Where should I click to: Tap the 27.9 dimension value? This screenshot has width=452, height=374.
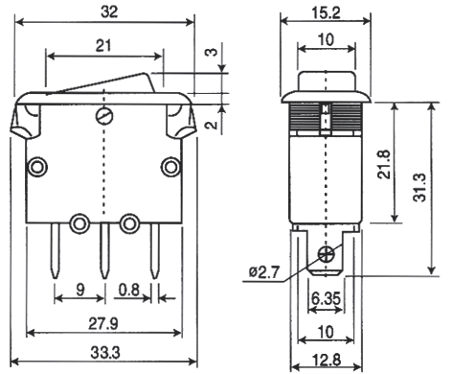click(x=104, y=321)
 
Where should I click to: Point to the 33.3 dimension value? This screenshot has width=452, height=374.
click(x=104, y=355)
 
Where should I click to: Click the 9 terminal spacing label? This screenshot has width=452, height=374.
click(x=78, y=287)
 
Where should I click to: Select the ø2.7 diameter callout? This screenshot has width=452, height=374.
click(x=265, y=273)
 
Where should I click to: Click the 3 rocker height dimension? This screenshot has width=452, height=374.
click(x=211, y=55)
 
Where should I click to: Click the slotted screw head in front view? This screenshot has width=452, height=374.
click(x=103, y=117)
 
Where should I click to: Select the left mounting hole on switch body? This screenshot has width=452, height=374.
click(x=36, y=168)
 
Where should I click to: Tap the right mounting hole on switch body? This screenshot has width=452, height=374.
click(x=170, y=168)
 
